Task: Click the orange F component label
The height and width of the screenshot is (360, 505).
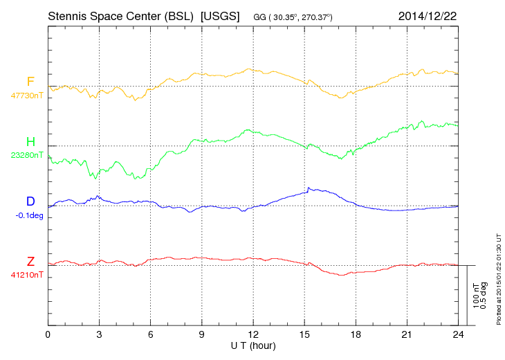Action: [x=30, y=82]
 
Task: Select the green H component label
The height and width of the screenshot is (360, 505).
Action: [x=30, y=141]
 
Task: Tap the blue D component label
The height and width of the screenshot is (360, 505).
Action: [x=30, y=201]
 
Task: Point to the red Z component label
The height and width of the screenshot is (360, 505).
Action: [x=30, y=261]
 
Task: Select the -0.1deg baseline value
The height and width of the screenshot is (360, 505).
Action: [x=29, y=215]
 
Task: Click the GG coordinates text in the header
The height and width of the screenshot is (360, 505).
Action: [x=298, y=16]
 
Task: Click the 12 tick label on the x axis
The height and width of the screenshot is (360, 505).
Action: [x=253, y=334]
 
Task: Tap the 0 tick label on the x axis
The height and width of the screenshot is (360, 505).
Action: [x=48, y=334]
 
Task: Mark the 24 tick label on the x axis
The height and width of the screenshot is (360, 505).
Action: [x=459, y=334]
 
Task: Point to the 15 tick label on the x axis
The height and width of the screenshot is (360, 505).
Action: [x=304, y=334]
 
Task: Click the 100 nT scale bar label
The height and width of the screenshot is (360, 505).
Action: [x=477, y=295]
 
